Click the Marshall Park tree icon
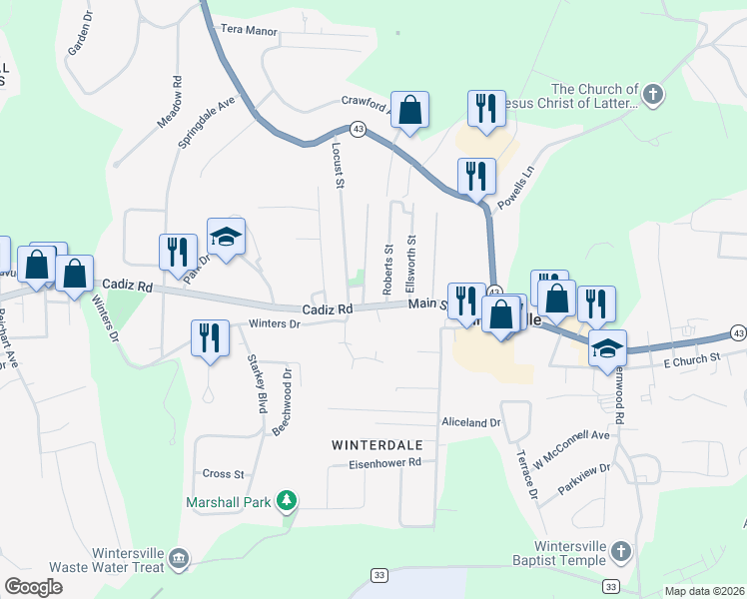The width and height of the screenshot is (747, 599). click(x=287, y=499)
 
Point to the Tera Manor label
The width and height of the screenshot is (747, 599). click(x=248, y=31)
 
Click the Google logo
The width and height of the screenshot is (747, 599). click(x=33, y=587)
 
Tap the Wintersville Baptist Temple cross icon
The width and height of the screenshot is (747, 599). click(x=620, y=551)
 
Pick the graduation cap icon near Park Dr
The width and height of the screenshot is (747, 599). click(x=226, y=237)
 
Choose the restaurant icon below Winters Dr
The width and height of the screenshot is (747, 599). click(x=210, y=337)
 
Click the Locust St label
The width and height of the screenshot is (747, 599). click(x=338, y=164)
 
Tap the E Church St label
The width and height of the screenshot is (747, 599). click(x=692, y=357)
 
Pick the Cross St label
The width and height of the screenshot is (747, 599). click(x=224, y=474)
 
